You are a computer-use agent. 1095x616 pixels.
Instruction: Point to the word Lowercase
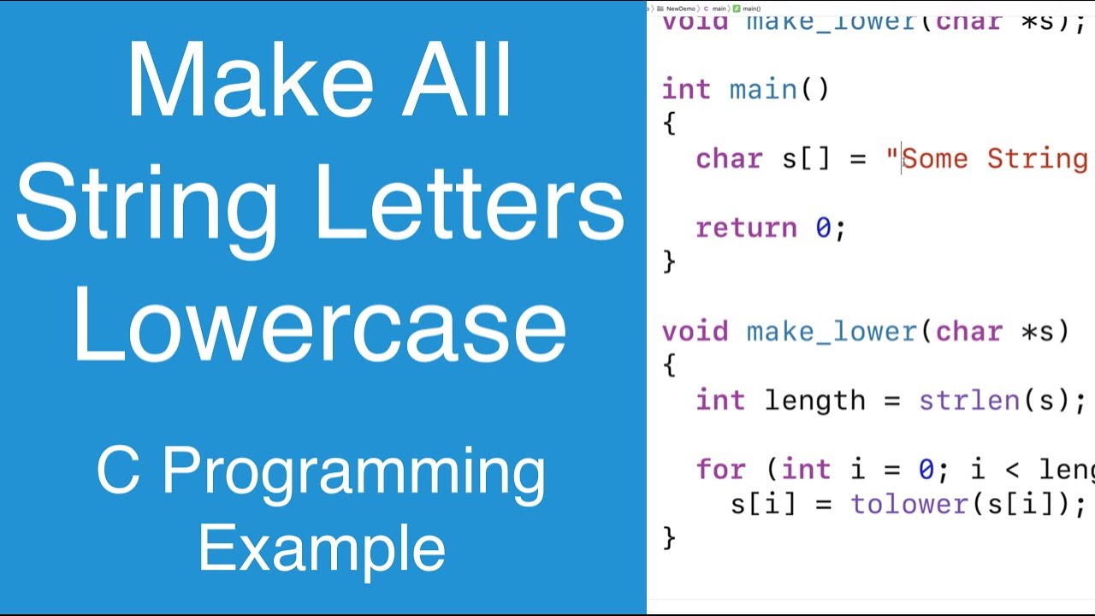[320, 329]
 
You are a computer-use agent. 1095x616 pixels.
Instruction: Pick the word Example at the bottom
[322, 548]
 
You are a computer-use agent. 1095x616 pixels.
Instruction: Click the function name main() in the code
[778, 89]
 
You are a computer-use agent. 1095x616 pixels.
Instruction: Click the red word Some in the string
[935, 158]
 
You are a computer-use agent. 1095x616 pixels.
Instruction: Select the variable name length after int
[814, 400]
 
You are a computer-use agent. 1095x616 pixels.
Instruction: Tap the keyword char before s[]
[729, 158]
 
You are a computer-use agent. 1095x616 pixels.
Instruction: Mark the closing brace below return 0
[669, 261]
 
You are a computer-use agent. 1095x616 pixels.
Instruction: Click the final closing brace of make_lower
[669, 537]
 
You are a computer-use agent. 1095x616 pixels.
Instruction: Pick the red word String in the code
[1037, 158]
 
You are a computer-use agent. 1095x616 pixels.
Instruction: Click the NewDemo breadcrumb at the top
[679, 8]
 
